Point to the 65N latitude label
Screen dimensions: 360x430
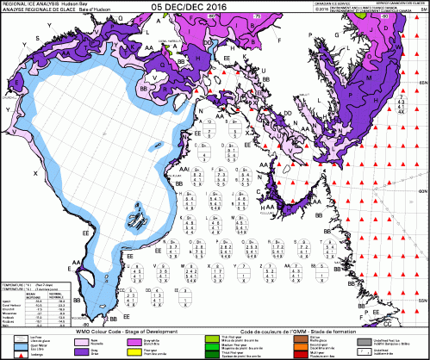click(422, 82)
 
